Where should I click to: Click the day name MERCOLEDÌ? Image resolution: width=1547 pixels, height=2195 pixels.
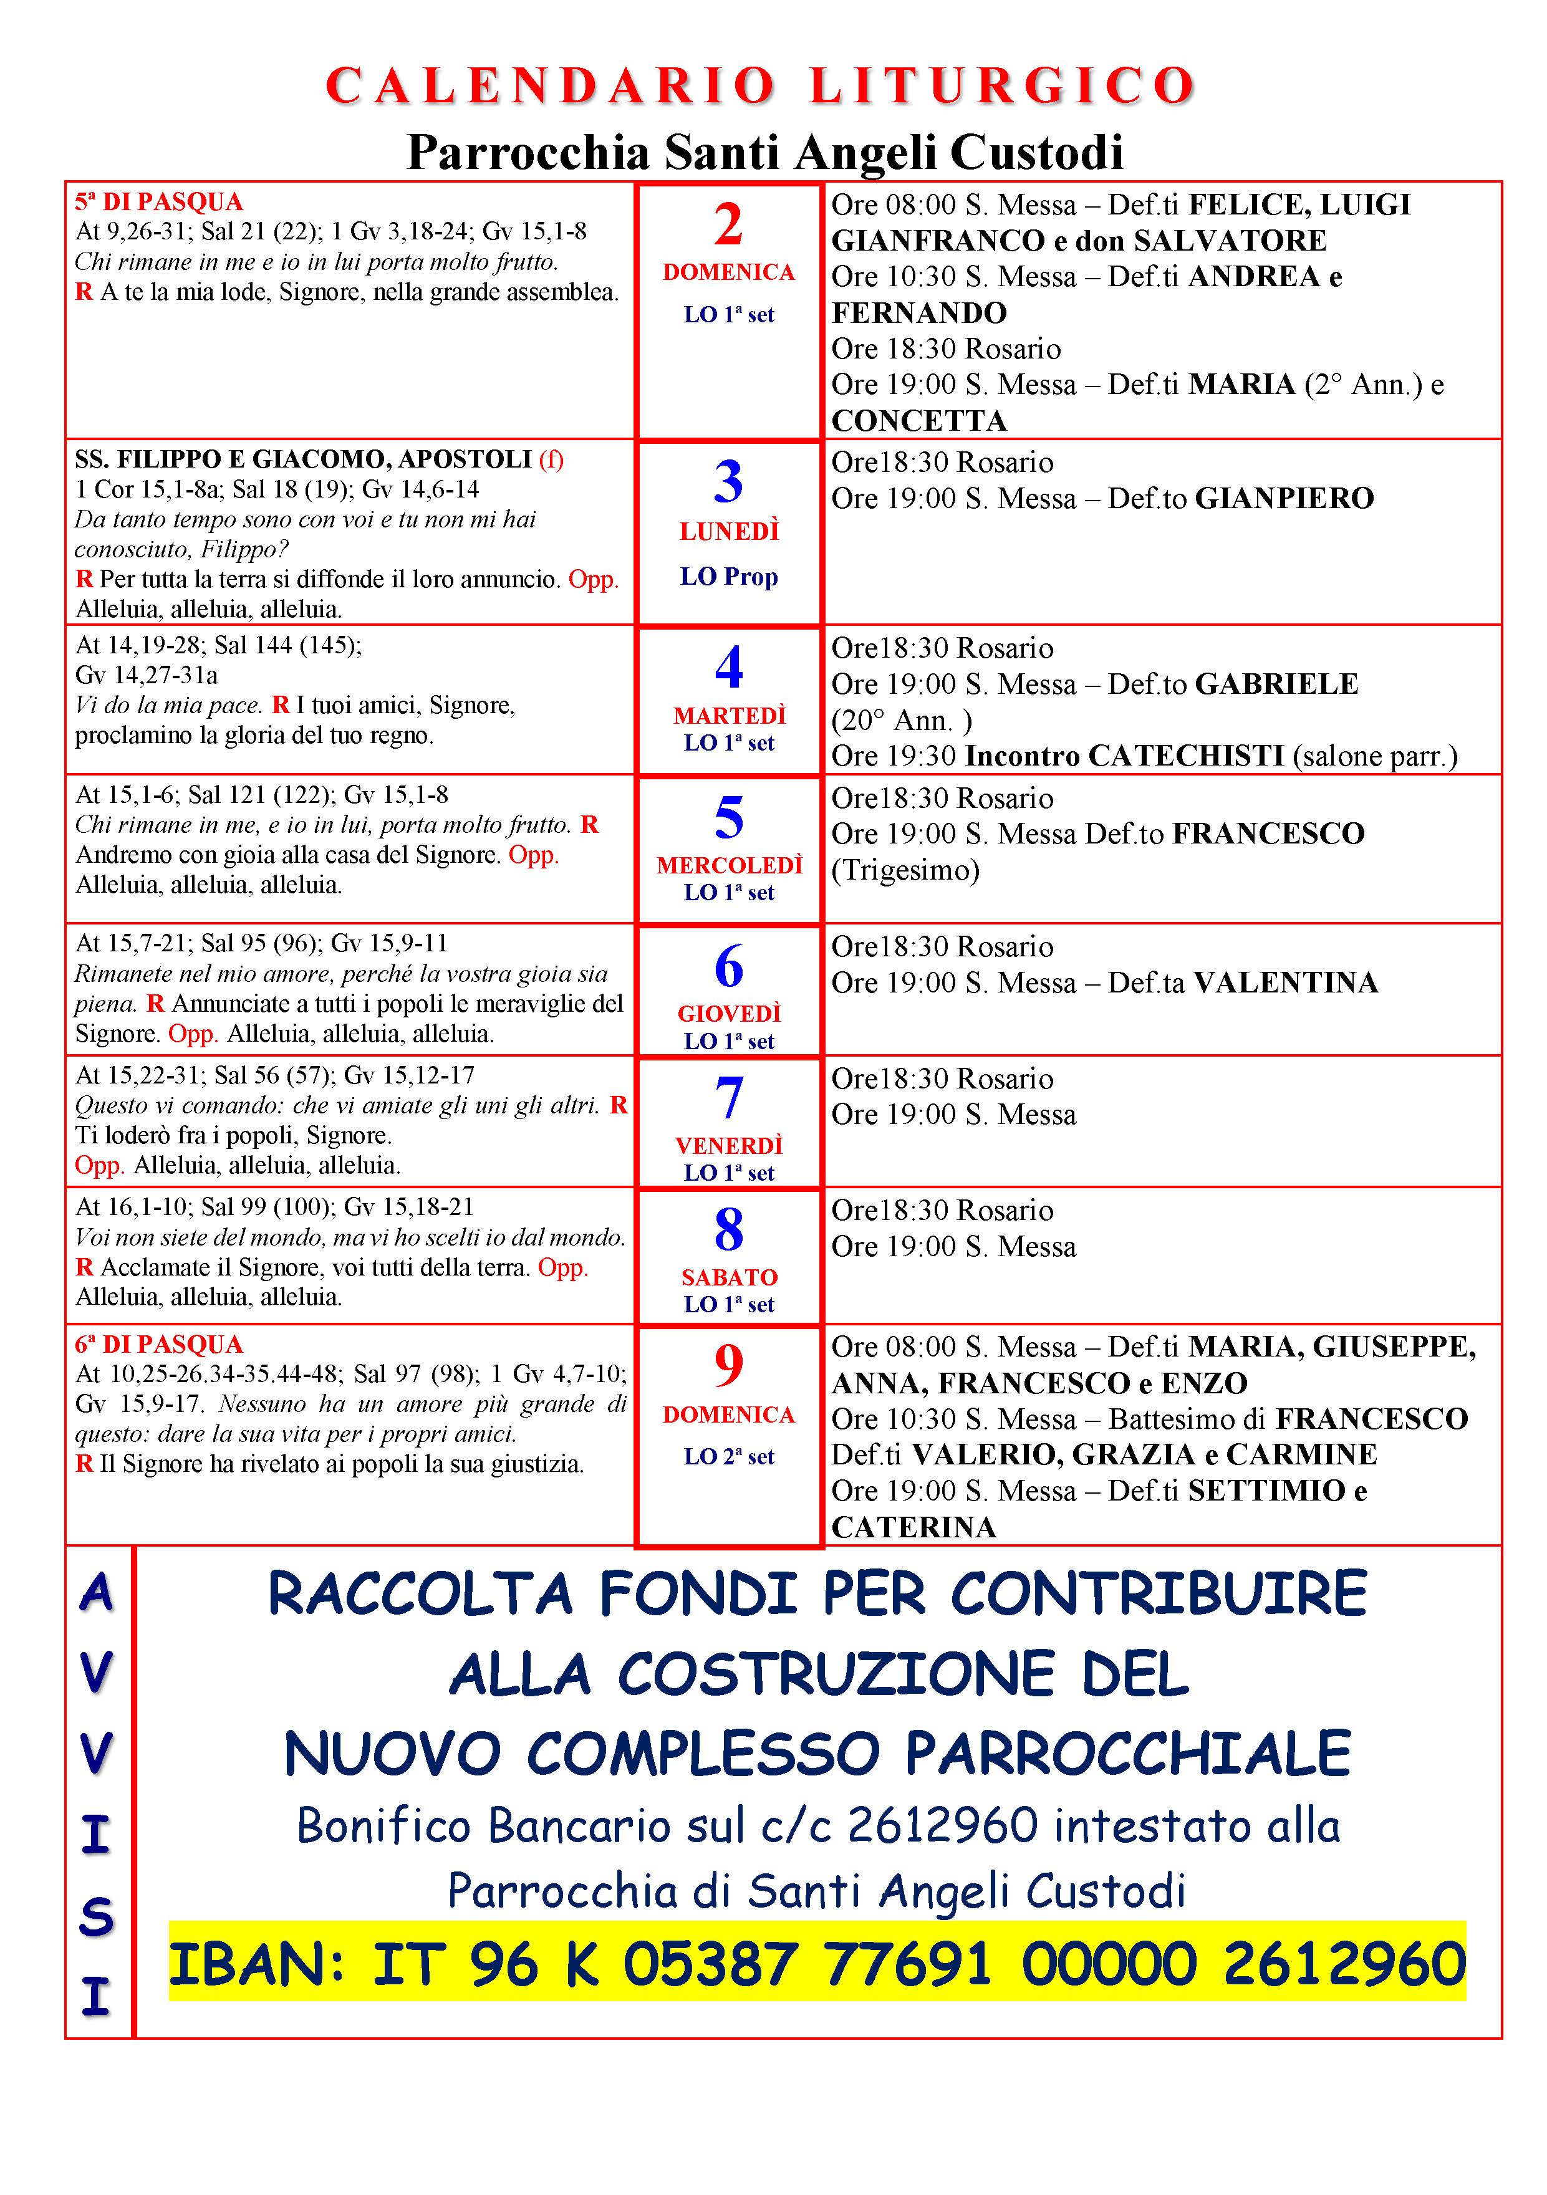click(728, 865)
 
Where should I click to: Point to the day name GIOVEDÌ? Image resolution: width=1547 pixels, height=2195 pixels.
click(728, 1014)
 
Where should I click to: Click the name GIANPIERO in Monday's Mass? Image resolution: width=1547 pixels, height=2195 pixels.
click(1284, 498)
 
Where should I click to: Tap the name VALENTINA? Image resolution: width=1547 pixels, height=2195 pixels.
click(1286, 982)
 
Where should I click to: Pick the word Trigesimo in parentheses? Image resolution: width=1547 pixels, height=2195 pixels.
click(905, 870)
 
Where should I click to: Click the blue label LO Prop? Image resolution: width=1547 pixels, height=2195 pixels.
click(728, 577)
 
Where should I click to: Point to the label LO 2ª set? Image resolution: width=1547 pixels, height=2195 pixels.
click(728, 1456)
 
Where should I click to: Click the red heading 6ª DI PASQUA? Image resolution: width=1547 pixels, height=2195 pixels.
click(159, 1344)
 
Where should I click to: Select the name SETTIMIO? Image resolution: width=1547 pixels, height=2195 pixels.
click(1266, 1491)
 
